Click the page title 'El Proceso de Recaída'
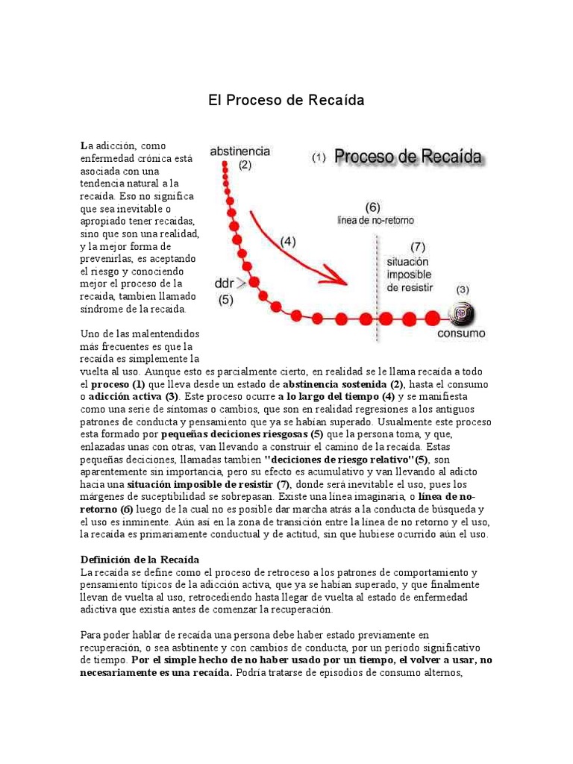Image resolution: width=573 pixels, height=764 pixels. tap(286, 100)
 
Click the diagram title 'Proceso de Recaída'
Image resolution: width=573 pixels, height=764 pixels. tap(407, 157)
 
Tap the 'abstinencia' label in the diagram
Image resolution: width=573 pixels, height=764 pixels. tap(240, 151)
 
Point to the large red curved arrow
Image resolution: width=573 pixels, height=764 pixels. tap(298, 246)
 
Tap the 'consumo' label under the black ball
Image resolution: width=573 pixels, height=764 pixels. tap(461, 333)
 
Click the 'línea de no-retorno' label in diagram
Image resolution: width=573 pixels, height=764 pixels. tap(375, 221)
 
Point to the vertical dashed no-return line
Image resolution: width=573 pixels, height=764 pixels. tap(376, 291)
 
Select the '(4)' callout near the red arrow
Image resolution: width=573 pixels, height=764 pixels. tap(288, 241)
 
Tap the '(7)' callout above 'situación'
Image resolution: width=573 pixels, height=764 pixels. tap(418, 246)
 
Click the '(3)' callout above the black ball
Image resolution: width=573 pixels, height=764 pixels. tap(463, 289)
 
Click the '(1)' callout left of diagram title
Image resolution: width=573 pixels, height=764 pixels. tap(319, 158)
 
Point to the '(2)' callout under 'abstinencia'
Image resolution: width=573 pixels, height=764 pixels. tap(245, 166)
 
